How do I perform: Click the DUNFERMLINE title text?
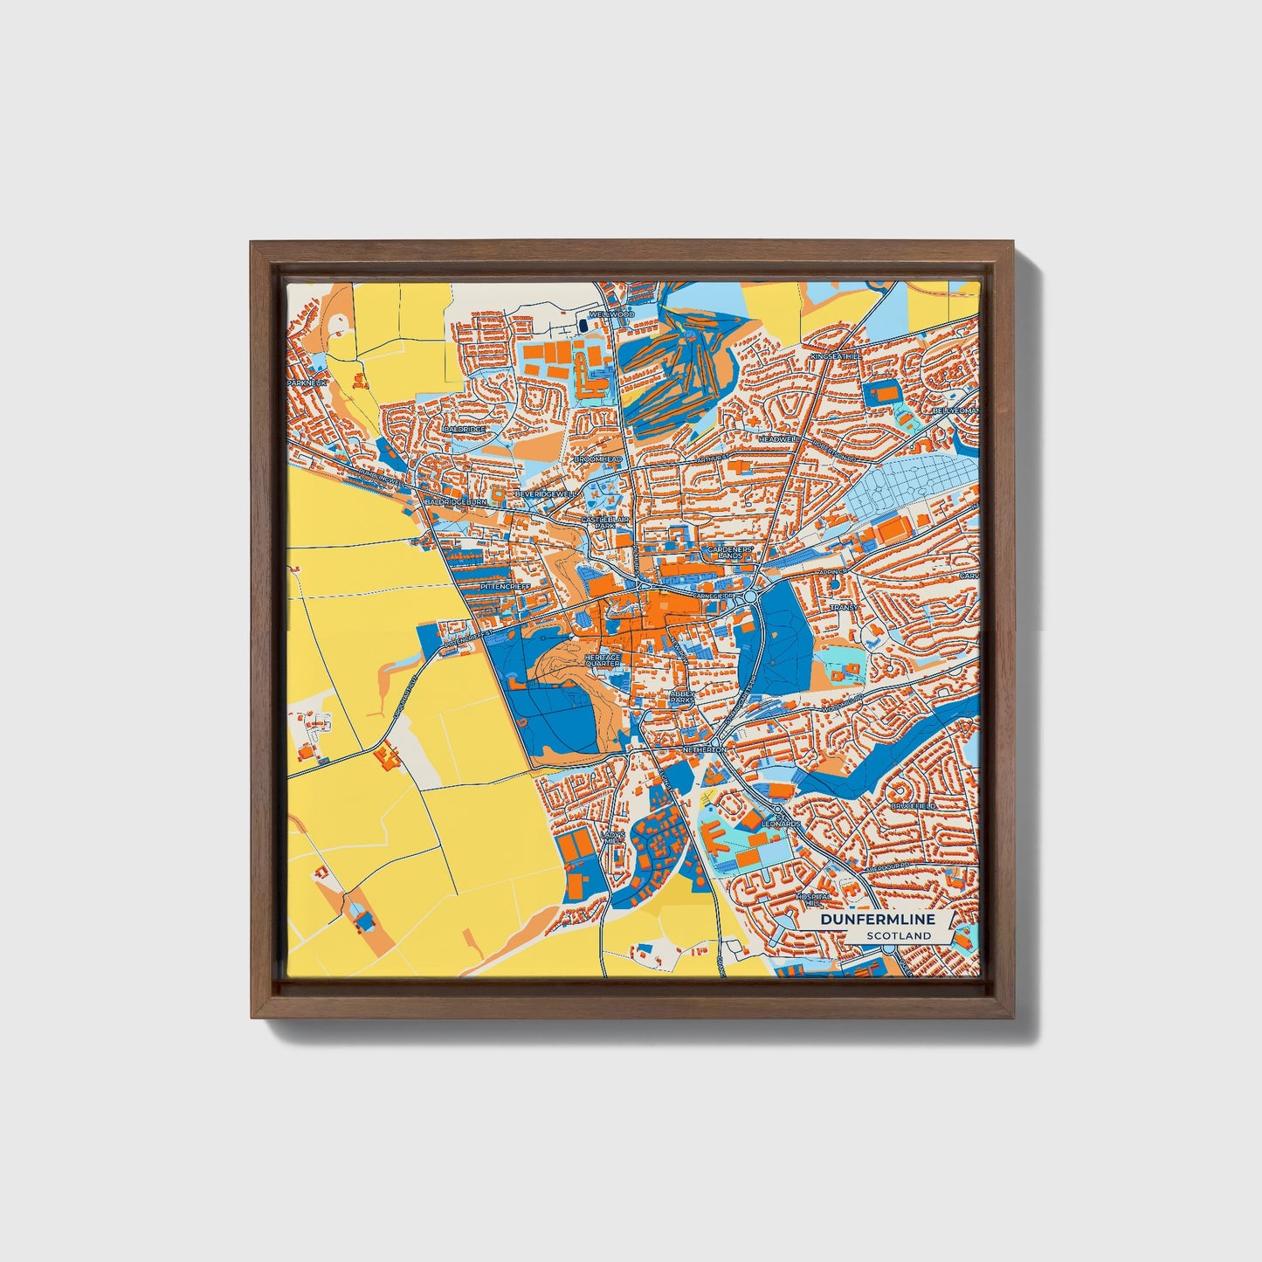point(877,920)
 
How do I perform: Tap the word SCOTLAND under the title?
point(899,935)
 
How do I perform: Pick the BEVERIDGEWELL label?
point(548,494)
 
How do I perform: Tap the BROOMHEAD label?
point(597,459)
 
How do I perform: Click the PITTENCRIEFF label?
point(505,586)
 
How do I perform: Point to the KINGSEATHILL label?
point(836,356)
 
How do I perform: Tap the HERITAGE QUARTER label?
point(603,660)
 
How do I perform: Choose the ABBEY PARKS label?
point(681,697)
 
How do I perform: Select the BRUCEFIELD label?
point(914,805)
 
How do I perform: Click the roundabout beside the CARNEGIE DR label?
point(749,597)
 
